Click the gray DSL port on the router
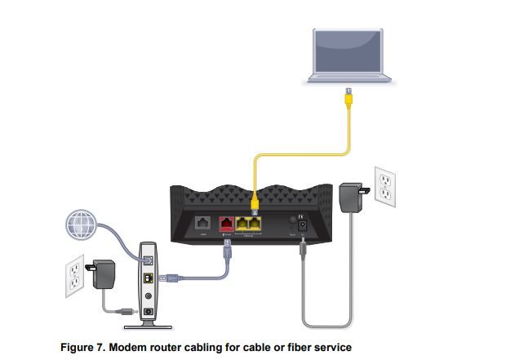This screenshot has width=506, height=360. click(x=202, y=221)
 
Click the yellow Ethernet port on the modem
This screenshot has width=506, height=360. click(x=147, y=279)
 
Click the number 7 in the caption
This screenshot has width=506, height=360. click(x=105, y=347)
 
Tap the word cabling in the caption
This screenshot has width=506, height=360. click(x=206, y=347)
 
